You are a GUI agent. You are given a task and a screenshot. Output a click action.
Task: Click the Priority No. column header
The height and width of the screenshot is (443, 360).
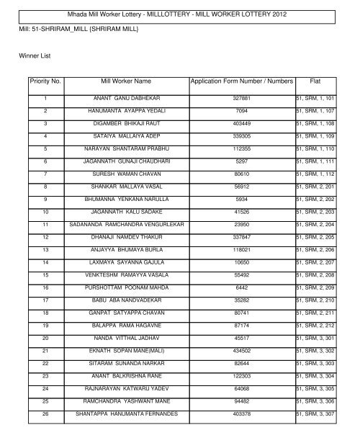tap(45, 82)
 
